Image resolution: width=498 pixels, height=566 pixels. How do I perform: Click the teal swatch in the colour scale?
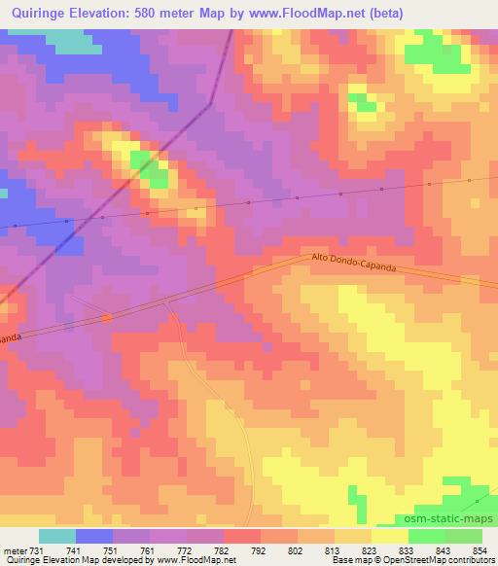coord(57,536)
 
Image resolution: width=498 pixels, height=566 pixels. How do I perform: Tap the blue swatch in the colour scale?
coord(94,536)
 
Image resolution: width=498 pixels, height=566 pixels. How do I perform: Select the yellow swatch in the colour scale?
coord(389,536)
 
